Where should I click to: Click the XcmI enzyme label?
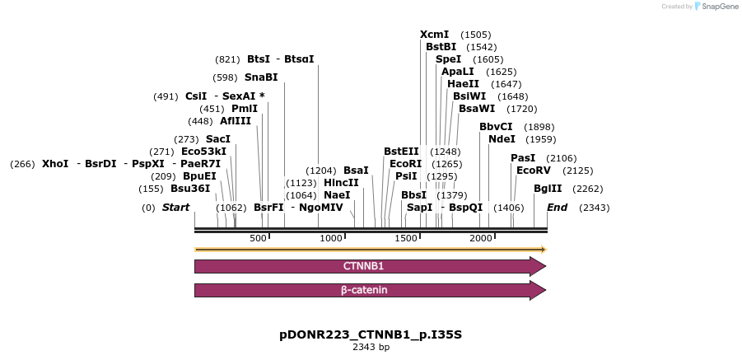tap(434, 35)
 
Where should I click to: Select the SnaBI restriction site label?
tap(261, 77)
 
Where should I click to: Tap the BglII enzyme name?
tap(548, 189)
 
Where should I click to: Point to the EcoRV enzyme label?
tap(533, 171)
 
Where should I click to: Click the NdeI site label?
tap(502, 139)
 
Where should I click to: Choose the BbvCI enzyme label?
tap(496, 127)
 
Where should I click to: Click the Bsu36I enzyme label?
tap(190, 189)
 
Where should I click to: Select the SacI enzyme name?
tap(218, 139)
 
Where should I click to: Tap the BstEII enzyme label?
tap(401, 152)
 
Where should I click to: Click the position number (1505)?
tap(476, 35)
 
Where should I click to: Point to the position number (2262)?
tap(588, 189)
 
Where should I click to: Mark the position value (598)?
tap(225, 77)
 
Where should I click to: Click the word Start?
tap(175, 208)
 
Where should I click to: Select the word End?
tap(558, 208)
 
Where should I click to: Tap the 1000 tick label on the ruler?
tap(331, 238)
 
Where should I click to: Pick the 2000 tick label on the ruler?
tap(480, 238)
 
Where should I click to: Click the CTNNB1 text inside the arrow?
tap(363, 266)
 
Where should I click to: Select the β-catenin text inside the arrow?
tap(364, 290)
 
